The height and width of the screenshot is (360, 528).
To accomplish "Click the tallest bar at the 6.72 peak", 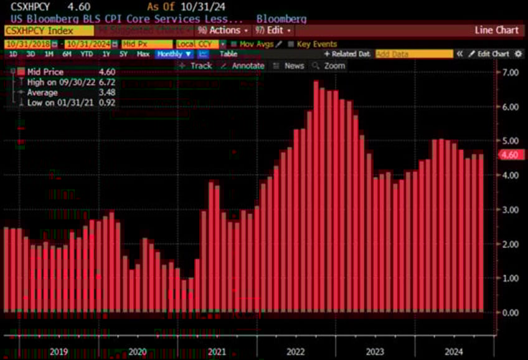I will (x=316, y=196).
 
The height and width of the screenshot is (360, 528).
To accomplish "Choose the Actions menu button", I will (x=223, y=30).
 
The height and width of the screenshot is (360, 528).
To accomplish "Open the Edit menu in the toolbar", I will (x=273, y=30).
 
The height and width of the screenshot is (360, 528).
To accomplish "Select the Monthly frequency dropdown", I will (x=174, y=54).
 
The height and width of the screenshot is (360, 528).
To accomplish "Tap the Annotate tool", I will (x=248, y=65).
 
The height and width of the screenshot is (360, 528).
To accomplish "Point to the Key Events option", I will (x=317, y=44).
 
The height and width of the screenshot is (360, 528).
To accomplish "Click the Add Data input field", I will (x=413, y=54).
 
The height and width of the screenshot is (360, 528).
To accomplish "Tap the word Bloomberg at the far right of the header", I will (x=281, y=19).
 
